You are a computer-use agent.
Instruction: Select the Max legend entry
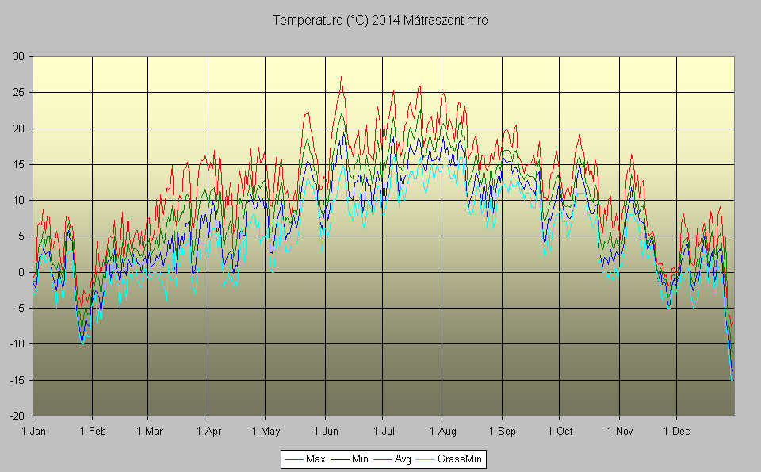(x=315, y=459)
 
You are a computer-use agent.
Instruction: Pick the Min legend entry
(x=360, y=459)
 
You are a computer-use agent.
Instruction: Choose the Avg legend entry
(x=403, y=459)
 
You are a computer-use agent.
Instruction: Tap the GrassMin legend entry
(x=460, y=459)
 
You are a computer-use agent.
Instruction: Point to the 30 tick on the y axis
(x=18, y=56)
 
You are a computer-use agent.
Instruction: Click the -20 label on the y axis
(x=17, y=416)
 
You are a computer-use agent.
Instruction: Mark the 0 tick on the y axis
(x=21, y=272)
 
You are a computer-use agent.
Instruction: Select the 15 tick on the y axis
(x=18, y=164)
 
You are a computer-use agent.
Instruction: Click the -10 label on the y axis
(x=17, y=344)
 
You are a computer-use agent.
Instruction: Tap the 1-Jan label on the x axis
(x=33, y=432)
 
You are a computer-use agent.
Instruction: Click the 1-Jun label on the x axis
(x=325, y=432)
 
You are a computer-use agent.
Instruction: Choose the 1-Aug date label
(x=442, y=432)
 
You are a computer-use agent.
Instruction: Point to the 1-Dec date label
(x=676, y=432)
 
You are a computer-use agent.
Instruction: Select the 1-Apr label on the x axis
(x=208, y=432)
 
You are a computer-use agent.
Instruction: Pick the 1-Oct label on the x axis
(x=560, y=432)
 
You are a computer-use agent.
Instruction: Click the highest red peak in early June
(x=341, y=77)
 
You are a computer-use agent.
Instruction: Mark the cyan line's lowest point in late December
(x=732, y=380)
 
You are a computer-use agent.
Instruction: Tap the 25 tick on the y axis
(x=18, y=92)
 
